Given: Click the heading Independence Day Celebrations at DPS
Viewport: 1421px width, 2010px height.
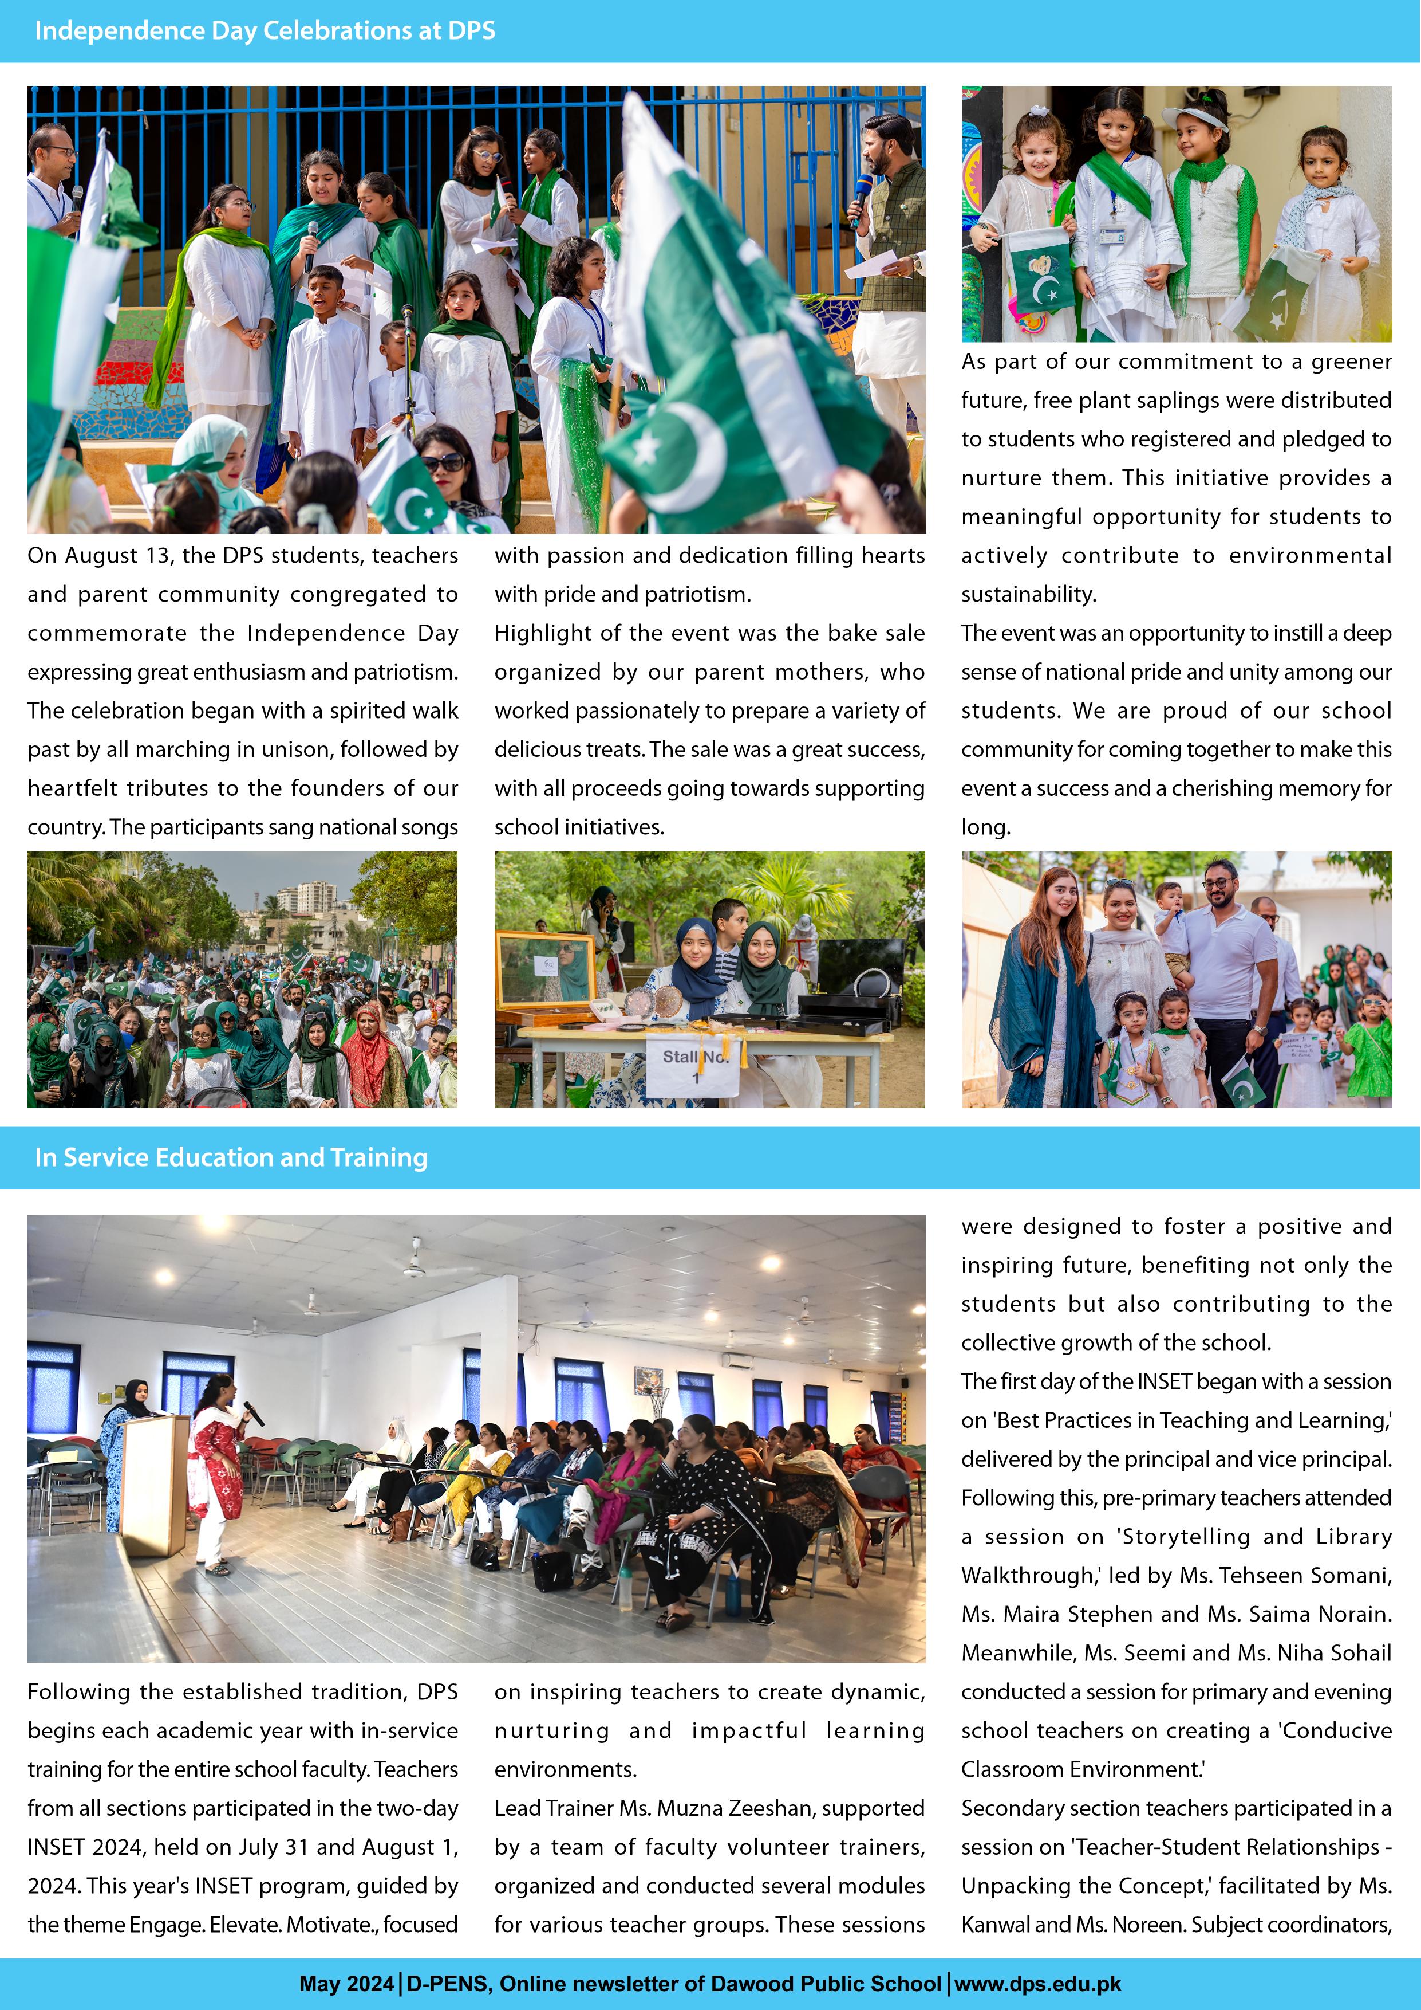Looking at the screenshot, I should [x=265, y=30].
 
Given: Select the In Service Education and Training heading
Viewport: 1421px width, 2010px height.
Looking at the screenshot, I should [x=231, y=1157].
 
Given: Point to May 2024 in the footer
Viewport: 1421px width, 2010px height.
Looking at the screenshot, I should [x=346, y=1983].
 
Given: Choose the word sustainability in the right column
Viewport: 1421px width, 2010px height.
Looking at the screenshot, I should [x=1028, y=594].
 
